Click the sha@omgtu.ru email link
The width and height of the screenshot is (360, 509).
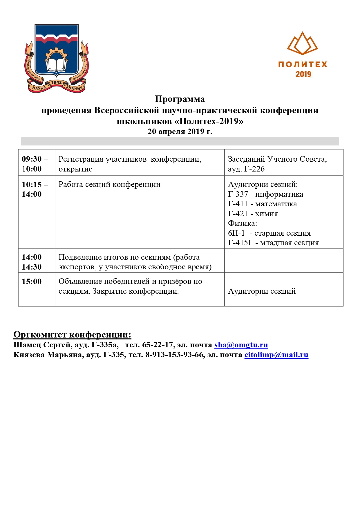click(241, 345)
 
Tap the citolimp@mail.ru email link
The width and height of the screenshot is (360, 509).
click(276, 355)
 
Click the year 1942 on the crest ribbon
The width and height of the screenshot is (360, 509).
click(56, 82)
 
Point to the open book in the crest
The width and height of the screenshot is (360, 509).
click(56, 64)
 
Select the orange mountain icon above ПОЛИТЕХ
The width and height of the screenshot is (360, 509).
click(303, 44)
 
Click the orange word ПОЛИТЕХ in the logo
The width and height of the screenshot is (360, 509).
click(303, 64)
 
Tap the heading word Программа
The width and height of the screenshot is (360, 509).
click(180, 99)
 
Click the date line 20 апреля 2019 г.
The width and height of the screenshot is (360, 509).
click(180, 131)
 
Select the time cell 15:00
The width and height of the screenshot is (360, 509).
click(32, 281)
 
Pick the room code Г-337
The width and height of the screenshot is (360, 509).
click(238, 194)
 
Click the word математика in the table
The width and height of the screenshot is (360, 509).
click(276, 204)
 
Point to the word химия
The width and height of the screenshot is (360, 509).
click(266, 214)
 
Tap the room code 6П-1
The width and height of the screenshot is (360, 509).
click(236, 233)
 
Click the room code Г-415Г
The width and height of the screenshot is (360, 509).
click(240, 243)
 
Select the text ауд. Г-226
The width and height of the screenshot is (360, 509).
click(246, 169)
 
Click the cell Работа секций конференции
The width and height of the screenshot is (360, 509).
click(109, 185)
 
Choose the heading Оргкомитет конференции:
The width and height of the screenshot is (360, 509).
click(72, 335)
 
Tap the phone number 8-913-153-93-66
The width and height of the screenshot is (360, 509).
click(174, 355)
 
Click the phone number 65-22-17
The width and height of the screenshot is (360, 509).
click(158, 345)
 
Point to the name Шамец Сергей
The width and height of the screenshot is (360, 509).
click(42, 345)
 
